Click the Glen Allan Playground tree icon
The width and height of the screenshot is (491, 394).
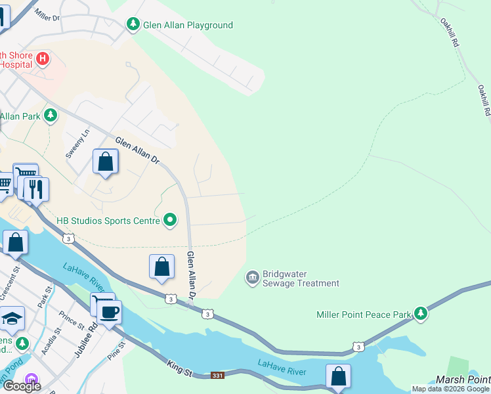(133, 25)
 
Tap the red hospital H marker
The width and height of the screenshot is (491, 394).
(43, 59)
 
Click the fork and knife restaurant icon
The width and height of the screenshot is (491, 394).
(36, 188)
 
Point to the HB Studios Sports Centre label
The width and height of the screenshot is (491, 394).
(108, 221)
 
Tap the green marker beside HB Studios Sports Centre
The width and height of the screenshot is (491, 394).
(170, 220)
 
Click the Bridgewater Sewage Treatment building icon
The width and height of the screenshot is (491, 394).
(252, 278)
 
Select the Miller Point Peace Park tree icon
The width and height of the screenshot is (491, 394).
(420, 315)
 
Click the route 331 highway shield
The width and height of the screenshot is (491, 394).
(219, 376)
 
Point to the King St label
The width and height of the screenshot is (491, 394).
(179, 368)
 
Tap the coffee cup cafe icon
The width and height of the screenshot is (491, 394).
(109, 312)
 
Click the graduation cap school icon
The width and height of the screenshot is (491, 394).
(11, 319)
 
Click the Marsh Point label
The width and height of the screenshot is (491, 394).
(463, 380)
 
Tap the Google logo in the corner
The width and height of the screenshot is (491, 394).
(21, 386)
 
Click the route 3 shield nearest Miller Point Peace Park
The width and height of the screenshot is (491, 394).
(358, 345)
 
